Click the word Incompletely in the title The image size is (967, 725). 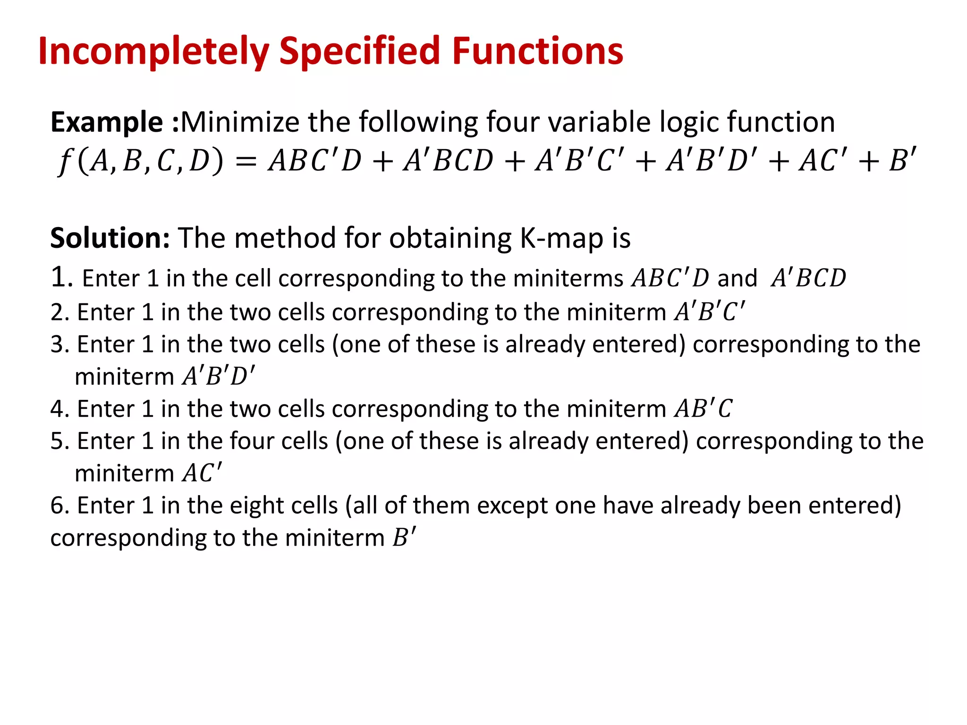153,52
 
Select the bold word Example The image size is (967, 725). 107,123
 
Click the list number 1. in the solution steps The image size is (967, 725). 61,277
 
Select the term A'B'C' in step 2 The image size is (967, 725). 710,312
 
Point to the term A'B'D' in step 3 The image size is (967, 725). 219,376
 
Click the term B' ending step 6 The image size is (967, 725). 404,537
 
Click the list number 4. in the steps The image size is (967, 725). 60,409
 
